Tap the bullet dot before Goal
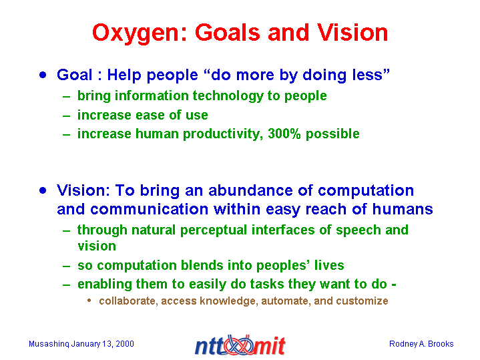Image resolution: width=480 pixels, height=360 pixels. click(43, 75)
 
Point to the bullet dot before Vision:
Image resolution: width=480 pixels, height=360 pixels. click(43, 190)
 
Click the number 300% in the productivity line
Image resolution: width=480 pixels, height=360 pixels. click(284, 134)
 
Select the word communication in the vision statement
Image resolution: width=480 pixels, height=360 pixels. click(150, 209)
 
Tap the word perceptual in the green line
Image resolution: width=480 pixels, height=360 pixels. click(214, 230)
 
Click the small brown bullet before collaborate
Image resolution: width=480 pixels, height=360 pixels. click(89, 301)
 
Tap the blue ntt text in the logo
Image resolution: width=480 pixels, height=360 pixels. click(210, 347)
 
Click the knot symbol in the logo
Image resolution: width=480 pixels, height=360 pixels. click(240, 345)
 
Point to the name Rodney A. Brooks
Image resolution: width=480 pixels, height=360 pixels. click(421, 344)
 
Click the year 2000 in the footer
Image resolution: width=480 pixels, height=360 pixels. click(125, 344)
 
